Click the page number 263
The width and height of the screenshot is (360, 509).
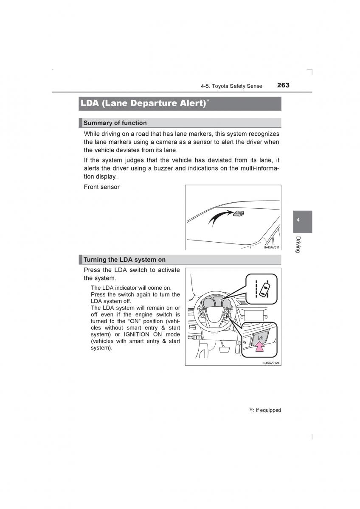283,85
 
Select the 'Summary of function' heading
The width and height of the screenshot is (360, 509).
115,123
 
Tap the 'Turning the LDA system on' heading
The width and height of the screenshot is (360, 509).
124,260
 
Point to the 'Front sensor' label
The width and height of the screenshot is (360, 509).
101,187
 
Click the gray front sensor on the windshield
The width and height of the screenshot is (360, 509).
238,213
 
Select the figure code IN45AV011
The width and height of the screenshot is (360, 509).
271,247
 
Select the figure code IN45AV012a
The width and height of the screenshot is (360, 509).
271,363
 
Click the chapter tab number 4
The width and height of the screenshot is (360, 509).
298,220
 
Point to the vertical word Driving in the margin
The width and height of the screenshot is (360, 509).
298,244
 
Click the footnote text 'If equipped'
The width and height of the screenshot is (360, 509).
268,410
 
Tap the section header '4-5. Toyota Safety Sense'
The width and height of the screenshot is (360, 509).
231,86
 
